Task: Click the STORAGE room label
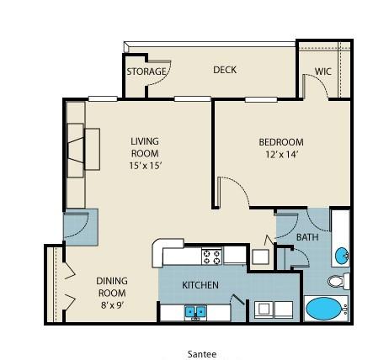click(x=147, y=71)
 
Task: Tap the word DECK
click(x=225, y=70)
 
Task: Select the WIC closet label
click(x=323, y=71)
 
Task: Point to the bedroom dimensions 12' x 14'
click(x=281, y=155)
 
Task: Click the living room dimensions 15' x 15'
click(x=145, y=166)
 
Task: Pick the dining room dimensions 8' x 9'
click(x=112, y=305)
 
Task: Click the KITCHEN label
click(x=200, y=285)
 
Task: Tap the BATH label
click(x=307, y=237)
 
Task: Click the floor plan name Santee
click(x=202, y=354)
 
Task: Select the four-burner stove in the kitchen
click(x=212, y=257)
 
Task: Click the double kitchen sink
click(x=195, y=311)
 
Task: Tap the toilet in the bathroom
click(x=338, y=280)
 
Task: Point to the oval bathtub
click(x=323, y=309)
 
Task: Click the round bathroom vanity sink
click(x=342, y=256)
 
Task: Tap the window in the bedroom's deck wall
click(x=261, y=99)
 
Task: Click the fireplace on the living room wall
click(x=76, y=150)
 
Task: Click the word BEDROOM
click(x=281, y=142)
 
